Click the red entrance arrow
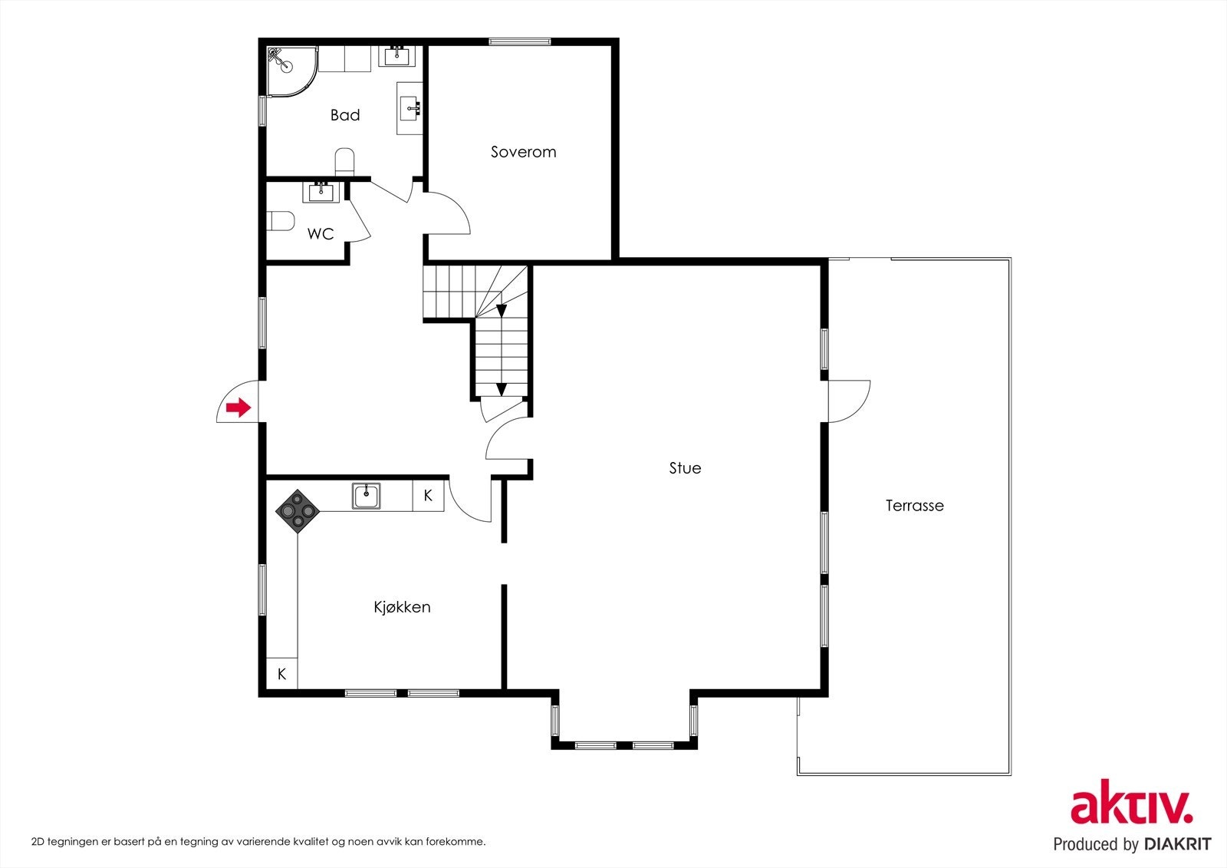[x=238, y=408]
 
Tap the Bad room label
[x=345, y=115]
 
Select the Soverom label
[x=523, y=152]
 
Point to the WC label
[x=321, y=234]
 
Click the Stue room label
[x=685, y=467]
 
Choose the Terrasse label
[x=914, y=506]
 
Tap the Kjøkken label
[x=402, y=607]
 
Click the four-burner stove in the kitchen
[x=298, y=512]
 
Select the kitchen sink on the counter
[x=366, y=497]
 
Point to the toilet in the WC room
[x=281, y=221]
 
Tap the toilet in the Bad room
[x=344, y=161]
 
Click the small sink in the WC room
[x=321, y=192]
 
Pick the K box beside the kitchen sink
[x=428, y=496]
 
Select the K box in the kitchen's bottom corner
[x=281, y=673]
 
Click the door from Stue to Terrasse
[x=848, y=401]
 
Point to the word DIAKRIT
[x=1176, y=843]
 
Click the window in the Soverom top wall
[x=519, y=41]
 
